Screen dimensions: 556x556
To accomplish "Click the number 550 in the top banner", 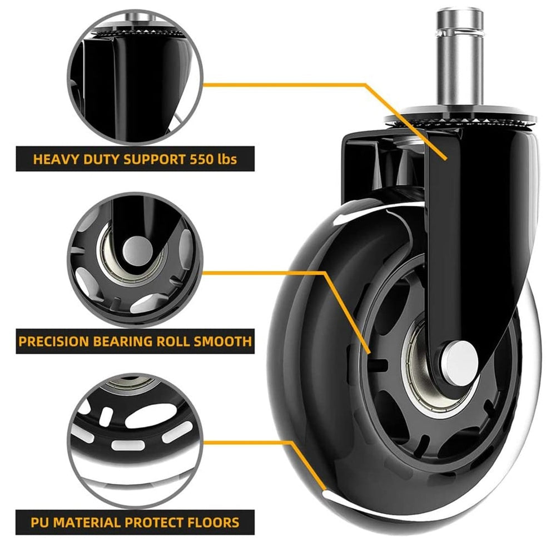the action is pos(201,159).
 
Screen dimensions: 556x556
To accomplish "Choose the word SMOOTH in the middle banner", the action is pos(223,341).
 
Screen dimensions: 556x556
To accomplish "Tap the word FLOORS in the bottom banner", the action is pos(213,523).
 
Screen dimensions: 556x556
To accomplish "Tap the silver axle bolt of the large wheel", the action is pos(459,363).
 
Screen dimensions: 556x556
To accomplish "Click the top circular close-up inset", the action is pos(135,77).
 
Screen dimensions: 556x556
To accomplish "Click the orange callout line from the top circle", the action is pos(365,85).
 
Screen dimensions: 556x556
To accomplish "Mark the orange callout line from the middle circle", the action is pos(324,273).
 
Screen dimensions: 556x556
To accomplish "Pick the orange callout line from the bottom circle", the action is pos(290,443).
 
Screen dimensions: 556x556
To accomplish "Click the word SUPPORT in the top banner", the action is pos(154,159).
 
